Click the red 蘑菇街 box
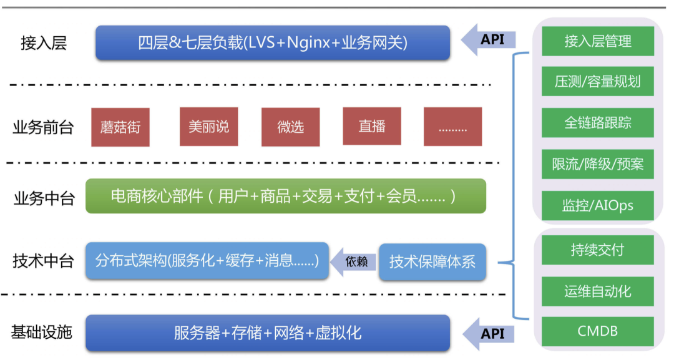pyautogui.click(x=120, y=127)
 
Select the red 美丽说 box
pyautogui.click(x=208, y=127)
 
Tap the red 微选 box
pyautogui.click(x=290, y=127)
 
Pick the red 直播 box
pyautogui.click(x=372, y=126)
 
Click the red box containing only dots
pyautogui.click(x=452, y=127)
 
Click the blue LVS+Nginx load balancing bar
pyautogui.click(x=273, y=42)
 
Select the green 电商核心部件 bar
pyautogui.click(x=285, y=196)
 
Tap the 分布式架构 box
pyautogui.click(x=207, y=260)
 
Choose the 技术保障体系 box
pyautogui.click(x=432, y=261)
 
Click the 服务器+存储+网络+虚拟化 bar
pyautogui.click(x=267, y=333)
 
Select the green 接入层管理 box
pyautogui.click(x=597, y=41)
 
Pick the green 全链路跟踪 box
pyautogui.click(x=597, y=123)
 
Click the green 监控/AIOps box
pyautogui.click(x=597, y=205)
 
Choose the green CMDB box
pyautogui.click(x=597, y=331)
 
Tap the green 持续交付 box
pyautogui.click(x=597, y=250)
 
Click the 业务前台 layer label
pyautogui.click(x=43, y=128)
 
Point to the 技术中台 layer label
pyautogui.click(x=43, y=261)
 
